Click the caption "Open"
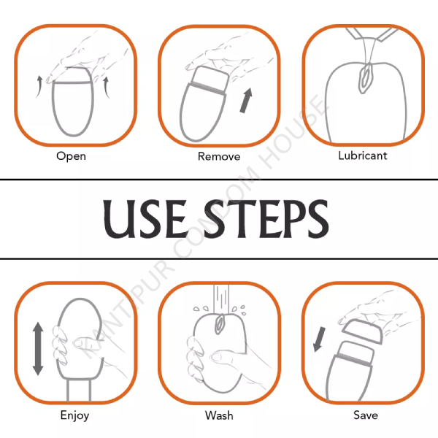[x=71, y=156]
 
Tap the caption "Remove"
[x=219, y=156]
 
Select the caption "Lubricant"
[x=363, y=155]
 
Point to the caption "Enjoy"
[x=74, y=415]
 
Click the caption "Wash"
[x=219, y=415]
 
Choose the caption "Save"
[x=366, y=415]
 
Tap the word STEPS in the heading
[x=266, y=219]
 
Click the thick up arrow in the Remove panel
[x=247, y=101]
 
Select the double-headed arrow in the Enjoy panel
[x=38, y=349]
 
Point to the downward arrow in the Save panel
[x=319, y=339]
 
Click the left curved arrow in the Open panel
[x=39, y=87]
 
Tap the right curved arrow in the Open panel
[x=106, y=88]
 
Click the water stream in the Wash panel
[x=221, y=299]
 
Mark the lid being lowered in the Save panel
[x=362, y=332]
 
